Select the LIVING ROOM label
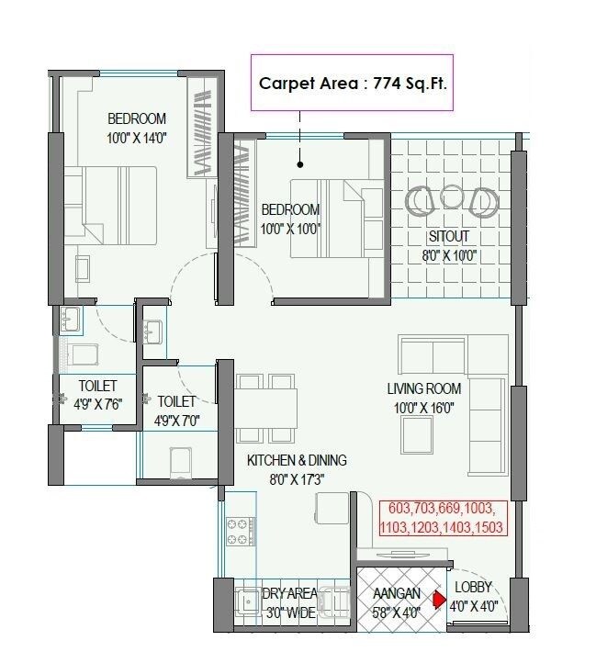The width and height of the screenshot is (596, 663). pyautogui.click(x=423, y=389)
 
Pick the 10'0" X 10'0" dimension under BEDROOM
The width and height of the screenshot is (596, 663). pyautogui.click(x=290, y=229)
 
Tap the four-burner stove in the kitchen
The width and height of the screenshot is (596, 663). pyautogui.click(x=242, y=530)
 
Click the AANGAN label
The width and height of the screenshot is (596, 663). pyautogui.click(x=396, y=594)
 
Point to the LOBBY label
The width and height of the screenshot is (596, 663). pyautogui.click(x=473, y=587)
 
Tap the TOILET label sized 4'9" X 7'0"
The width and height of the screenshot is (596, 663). pyautogui.click(x=177, y=401)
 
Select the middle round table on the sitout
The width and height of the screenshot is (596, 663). pyautogui.click(x=452, y=197)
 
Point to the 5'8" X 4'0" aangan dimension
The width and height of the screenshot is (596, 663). pyautogui.click(x=396, y=612)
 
